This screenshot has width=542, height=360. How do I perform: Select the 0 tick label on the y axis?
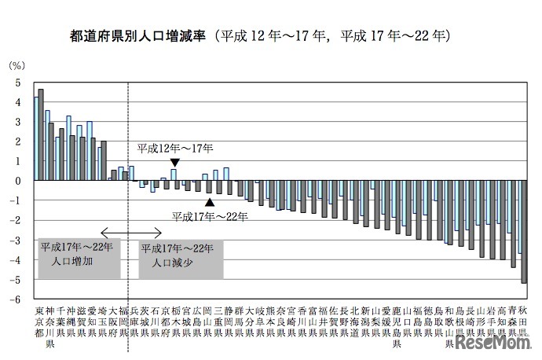click(16, 181)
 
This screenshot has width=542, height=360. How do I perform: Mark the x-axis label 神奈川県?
click(50, 327)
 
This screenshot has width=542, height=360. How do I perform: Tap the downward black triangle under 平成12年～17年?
click(174, 162)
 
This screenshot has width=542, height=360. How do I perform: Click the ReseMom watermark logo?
click(497, 343)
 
